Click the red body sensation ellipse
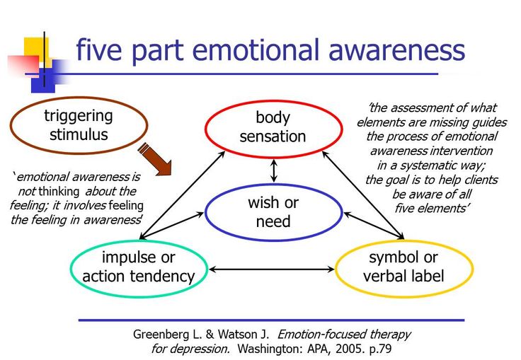point(273,101)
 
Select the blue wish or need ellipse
point(273,185)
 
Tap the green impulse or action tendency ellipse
point(139,241)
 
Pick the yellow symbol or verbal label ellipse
point(404,241)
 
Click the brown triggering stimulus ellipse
point(79,98)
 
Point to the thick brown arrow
point(155,159)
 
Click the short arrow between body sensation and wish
point(274,170)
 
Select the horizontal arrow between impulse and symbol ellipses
point(272,269)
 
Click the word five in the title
point(98,50)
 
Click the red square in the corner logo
point(23,65)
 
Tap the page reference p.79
point(380,349)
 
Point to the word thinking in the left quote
point(59,192)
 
